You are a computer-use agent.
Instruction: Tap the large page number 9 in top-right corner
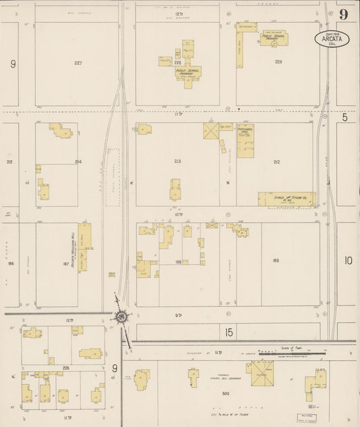click(344, 15)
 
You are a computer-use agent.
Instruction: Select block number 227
click(78, 63)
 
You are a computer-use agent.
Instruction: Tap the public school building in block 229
click(273, 39)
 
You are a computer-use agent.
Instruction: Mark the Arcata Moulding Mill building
click(84, 247)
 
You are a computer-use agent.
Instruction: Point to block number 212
click(276, 161)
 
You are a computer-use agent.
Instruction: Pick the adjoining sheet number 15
click(229, 332)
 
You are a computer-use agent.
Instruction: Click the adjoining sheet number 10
click(348, 260)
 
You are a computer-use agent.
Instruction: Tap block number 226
click(66, 368)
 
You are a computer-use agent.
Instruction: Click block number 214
click(78, 162)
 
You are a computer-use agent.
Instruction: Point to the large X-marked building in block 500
click(259, 374)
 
